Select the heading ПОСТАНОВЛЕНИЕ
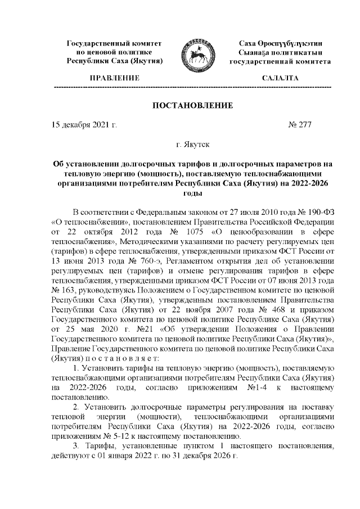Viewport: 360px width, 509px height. [192, 106]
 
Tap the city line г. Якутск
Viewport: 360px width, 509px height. [192, 145]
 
